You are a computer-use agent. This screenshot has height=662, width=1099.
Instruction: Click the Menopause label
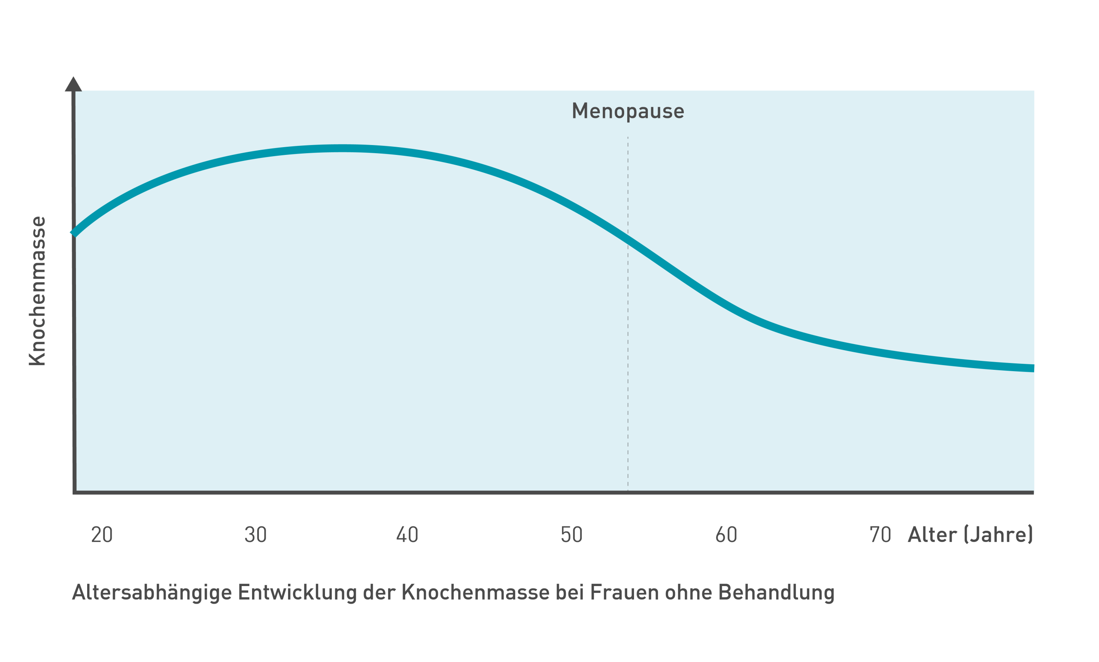[x=628, y=111]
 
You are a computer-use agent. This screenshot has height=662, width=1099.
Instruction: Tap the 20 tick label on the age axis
[x=102, y=535]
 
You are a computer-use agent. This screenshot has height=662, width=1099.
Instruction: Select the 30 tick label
[x=255, y=535]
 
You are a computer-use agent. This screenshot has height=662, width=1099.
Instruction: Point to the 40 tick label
[x=407, y=535]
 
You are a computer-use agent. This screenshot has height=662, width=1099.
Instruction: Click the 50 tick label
[x=571, y=535]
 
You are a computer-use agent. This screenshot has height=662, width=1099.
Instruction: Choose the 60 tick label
[x=726, y=535]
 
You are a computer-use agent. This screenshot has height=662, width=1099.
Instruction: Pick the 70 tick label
[x=880, y=535]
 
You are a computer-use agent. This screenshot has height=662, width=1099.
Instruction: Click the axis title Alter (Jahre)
[x=970, y=535]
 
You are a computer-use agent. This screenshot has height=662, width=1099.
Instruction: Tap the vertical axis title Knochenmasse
[x=37, y=291]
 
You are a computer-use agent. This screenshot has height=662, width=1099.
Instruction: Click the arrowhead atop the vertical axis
[x=73, y=85]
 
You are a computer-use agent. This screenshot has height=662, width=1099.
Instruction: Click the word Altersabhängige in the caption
[x=152, y=593]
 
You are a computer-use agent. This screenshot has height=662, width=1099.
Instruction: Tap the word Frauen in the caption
[x=625, y=592]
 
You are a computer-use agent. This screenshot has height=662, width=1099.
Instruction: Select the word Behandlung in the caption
[x=776, y=593]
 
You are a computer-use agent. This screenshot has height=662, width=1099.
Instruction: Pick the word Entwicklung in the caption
[x=298, y=593]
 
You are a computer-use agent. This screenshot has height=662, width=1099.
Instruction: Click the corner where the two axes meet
[x=75, y=492]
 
